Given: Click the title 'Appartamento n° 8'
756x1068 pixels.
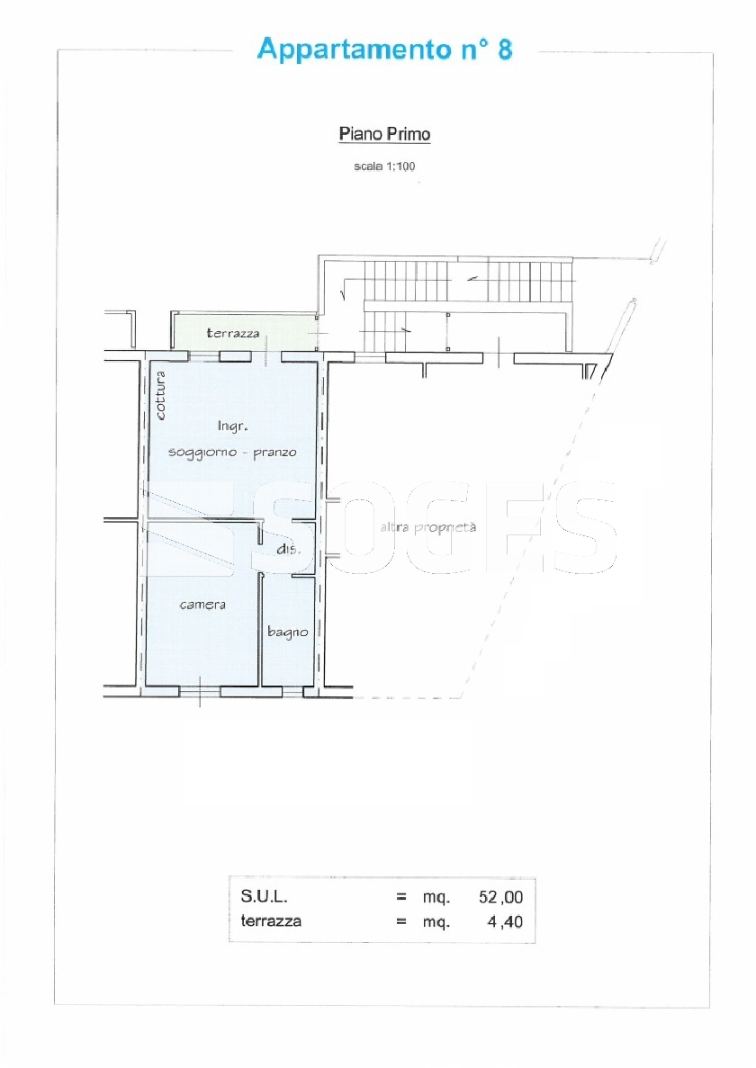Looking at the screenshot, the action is (x=385, y=49).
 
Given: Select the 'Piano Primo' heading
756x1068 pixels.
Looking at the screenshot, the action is (x=385, y=133).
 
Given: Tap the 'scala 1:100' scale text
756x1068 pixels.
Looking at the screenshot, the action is (x=384, y=166).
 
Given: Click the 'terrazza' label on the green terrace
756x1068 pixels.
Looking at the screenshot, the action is (x=233, y=333).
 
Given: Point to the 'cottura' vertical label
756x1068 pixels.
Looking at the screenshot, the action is (x=160, y=395).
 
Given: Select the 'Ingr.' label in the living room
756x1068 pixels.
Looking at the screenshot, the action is (x=232, y=426).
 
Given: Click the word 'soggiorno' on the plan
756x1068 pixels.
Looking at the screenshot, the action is (x=202, y=453).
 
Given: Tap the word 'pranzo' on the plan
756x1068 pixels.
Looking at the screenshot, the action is (x=274, y=453).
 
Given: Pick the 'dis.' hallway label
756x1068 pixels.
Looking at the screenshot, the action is (x=288, y=548).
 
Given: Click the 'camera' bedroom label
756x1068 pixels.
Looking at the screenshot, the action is (x=202, y=605).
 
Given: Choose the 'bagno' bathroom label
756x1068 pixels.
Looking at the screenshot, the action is (x=287, y=633).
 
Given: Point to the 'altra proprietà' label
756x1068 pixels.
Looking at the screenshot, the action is (x=427, y=527).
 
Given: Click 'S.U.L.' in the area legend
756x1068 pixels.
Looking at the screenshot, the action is (x=265, y=896).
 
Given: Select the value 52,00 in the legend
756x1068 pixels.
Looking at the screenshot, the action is (x=500, y=897).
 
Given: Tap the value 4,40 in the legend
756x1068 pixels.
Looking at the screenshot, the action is (x=505, y=922).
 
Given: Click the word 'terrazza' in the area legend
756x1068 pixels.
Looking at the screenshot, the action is (x=271, y=921).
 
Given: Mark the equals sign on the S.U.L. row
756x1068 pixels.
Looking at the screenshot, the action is (x=401, y=897).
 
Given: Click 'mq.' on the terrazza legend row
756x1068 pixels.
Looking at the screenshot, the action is (x=436, y=923).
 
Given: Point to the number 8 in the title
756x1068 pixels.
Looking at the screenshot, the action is (x=505, y=49).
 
